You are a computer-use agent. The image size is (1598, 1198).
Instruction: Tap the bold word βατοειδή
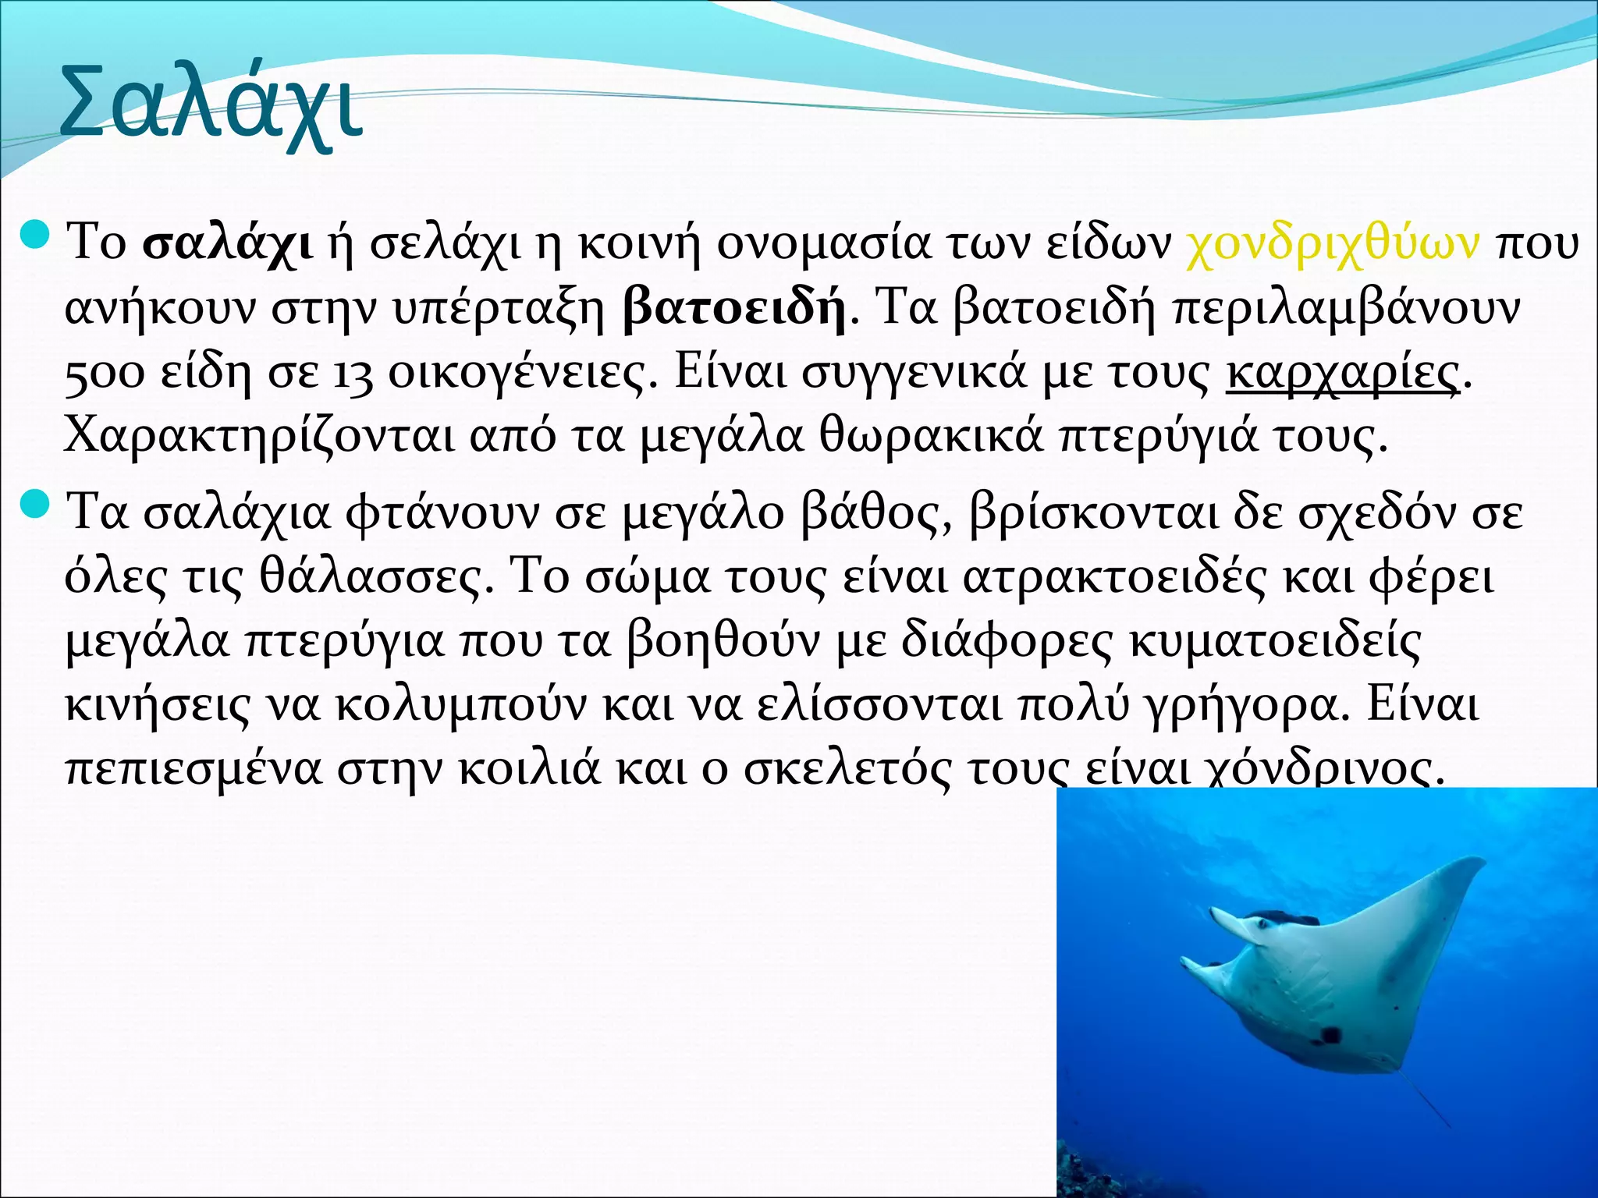(734, 309)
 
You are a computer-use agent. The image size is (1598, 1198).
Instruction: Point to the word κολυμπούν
(460, 707)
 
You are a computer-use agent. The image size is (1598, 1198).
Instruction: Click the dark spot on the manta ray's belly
(1326, 1035)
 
